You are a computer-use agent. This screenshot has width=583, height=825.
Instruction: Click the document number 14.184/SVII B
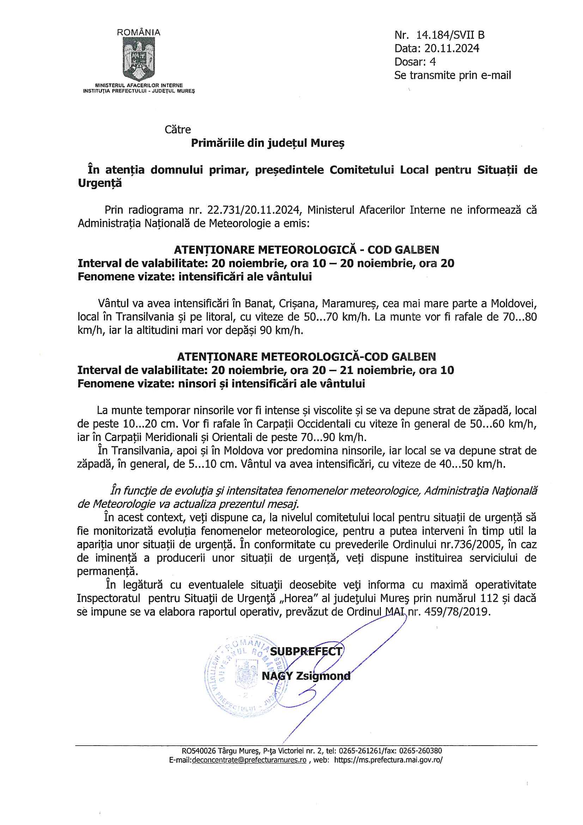450,35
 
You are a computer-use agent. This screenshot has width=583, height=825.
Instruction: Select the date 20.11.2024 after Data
451,48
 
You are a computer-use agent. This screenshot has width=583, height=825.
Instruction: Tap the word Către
178,130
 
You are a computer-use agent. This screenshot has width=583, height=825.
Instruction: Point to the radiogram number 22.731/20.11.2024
253,210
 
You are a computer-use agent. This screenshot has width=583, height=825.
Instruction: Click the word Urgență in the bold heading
100,183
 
